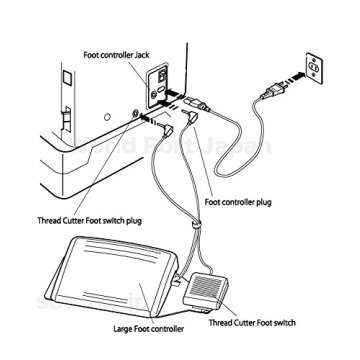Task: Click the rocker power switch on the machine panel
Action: pyautogui.click(x=159, y=77)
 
